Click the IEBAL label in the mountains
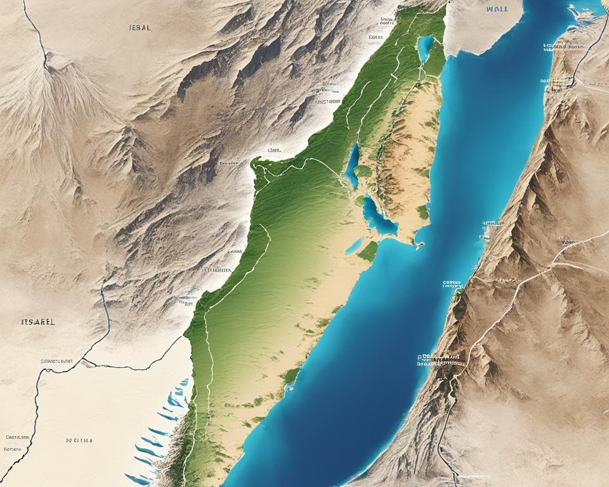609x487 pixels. point(139,29)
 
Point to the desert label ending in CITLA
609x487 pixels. point(78,439)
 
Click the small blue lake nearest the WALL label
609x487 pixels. point(425,48)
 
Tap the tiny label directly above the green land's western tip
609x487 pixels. point(274,150)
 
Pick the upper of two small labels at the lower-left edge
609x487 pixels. point(18,437)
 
